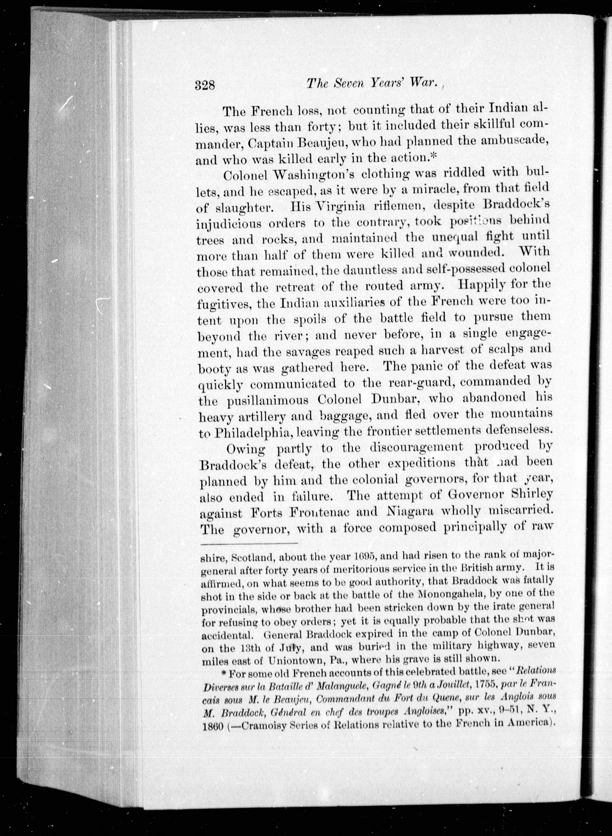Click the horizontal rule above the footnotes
[x=249, y=544]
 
